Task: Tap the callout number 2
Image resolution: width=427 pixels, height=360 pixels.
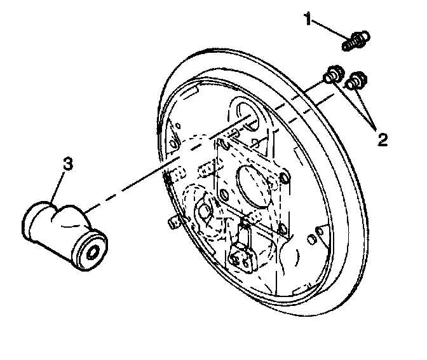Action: [381, 139]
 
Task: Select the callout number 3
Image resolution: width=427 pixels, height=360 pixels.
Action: [67, 164]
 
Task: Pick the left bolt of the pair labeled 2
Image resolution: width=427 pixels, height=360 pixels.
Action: [331, 75]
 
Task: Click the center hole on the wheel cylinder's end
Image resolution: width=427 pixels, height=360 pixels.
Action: [93, 251]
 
